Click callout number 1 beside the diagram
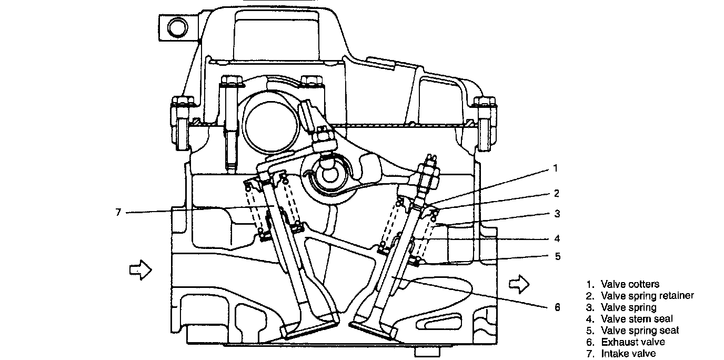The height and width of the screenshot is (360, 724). [555, 169]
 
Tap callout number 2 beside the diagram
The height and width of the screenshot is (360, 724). [557, 193]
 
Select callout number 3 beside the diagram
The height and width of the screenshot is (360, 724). [557, 214]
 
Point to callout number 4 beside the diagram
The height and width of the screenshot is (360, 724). [557, 238]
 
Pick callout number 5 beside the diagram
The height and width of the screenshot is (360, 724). [557, 257]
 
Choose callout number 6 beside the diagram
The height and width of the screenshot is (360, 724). [557, 307]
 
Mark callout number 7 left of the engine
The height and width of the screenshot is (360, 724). [118, 213]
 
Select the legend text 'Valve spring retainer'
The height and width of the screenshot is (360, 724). [647, 296]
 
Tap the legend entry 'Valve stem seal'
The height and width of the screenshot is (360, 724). [636, 319]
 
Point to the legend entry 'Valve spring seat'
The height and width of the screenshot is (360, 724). [639, 331]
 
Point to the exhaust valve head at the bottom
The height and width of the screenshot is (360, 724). [374, 327]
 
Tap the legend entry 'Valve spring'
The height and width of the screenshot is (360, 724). [628, 307]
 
